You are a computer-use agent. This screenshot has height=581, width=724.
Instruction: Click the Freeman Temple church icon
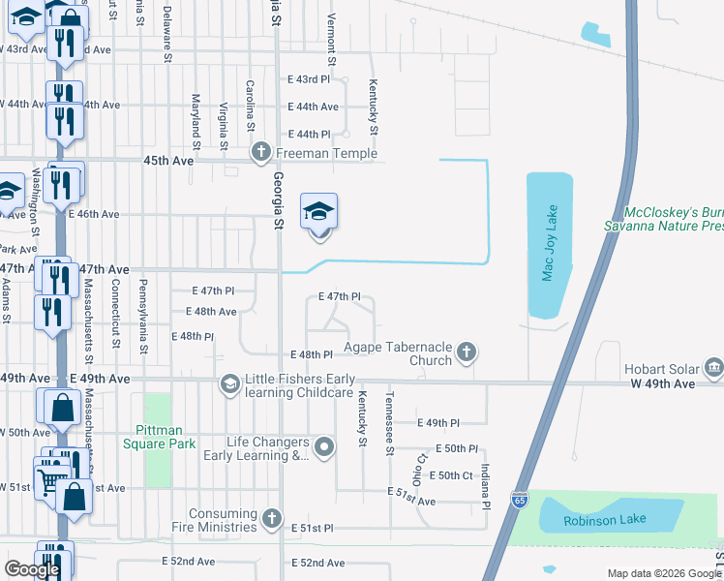(260, 153)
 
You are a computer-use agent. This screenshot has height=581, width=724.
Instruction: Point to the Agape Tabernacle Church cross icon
(467, 352)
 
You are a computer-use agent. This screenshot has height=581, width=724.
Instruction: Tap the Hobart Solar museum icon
(714, 367)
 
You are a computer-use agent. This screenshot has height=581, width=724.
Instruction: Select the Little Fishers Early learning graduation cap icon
(229, 384)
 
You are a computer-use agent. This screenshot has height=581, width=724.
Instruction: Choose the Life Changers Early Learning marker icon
(324, 447)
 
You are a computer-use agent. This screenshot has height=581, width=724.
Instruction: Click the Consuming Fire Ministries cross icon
(272, 519)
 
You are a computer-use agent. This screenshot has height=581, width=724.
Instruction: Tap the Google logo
(32, 569)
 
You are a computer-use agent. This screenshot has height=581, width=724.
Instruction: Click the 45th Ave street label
(168, 161)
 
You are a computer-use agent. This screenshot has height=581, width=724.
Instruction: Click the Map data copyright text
(663, 573)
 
